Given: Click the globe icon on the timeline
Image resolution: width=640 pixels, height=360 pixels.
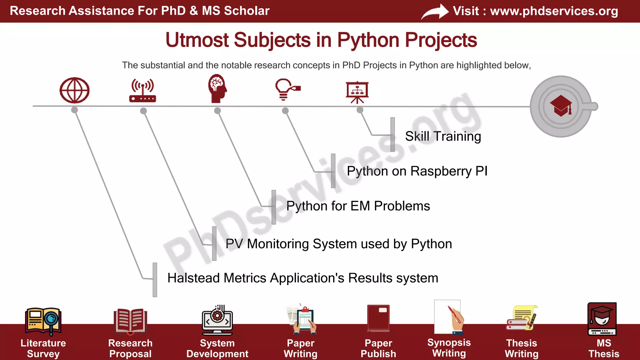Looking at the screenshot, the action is [x=74, y=90].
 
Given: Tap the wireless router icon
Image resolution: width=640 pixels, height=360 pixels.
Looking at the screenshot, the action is [x=142, y=91].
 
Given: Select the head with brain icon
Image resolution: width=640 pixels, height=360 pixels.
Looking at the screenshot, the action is [x=217, y=88].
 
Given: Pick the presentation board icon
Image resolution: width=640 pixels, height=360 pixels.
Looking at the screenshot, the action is [x=357, y=92].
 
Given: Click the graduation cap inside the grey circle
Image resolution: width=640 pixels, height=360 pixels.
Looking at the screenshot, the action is [x=561, y=106].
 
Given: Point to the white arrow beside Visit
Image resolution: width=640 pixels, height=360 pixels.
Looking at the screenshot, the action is [x=435, y=12].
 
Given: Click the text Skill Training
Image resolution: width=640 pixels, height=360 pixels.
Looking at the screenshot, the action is [x=443, y=136].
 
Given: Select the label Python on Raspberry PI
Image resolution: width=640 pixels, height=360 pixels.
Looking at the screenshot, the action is [x=417, y=171].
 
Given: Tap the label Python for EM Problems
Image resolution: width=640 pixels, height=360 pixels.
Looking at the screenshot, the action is [x=358, y=206].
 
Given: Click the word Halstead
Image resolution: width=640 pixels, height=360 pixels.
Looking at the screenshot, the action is [x=194, y=278].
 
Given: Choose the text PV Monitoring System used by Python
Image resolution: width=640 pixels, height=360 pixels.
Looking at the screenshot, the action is [x=338, y=244].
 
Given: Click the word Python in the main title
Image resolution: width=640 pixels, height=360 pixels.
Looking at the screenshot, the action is [x=368, y=40].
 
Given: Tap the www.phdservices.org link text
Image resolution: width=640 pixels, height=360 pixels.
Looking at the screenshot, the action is [x=554, y=11].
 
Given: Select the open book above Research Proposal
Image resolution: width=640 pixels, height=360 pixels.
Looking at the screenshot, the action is [x=130, y=321].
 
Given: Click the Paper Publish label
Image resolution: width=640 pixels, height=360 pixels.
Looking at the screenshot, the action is [x=378, y=348].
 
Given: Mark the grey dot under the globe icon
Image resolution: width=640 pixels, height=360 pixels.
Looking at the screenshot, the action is [x=74, y=110].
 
